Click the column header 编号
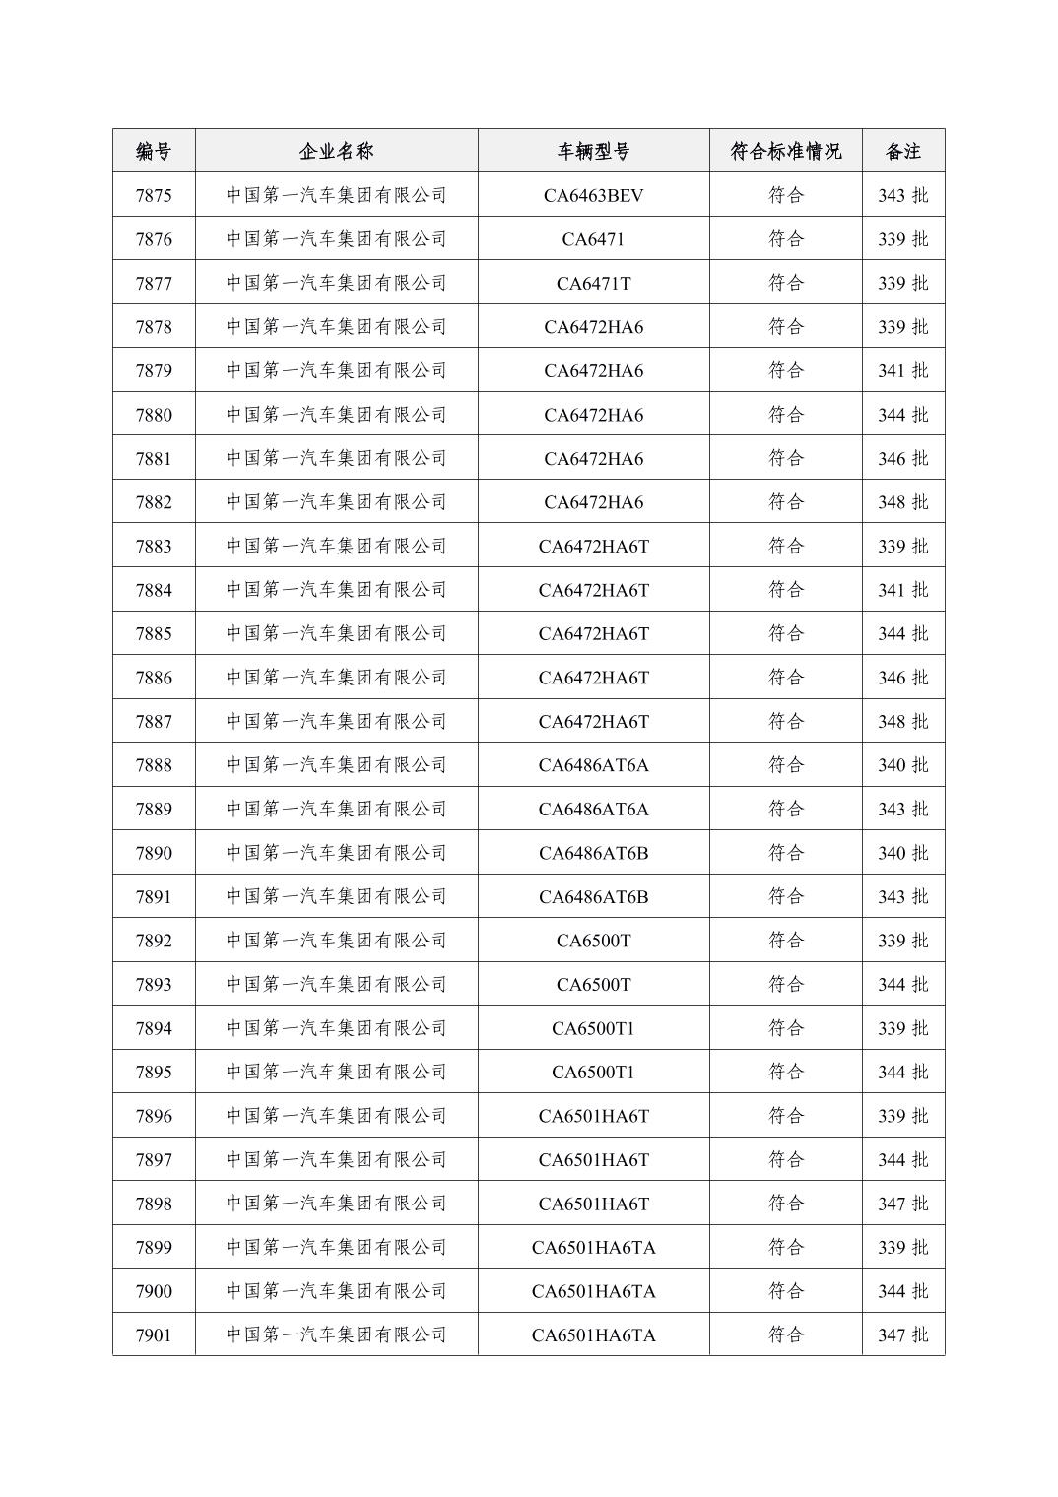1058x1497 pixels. pyautogui.click(x=154, y=151)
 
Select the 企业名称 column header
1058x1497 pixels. pyautogui.click(x=336, y=151)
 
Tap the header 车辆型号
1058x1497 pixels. pyautogui.click(x=593, y=151)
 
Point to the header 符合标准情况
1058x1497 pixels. pyautogui.click(x=785, y=151)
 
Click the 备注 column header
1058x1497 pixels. pyautogui.click(x=902, y=151)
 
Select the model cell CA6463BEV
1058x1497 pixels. pyautogui.click(x=593, y=195)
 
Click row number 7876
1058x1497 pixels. pyautogui.click(x=154, y=239)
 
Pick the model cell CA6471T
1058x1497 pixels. pyautogui.click(x=593, y=284)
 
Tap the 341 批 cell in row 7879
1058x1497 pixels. pyautogui.click(x=902, y=371)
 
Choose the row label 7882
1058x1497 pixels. pyautogui.click(x=154, y=502)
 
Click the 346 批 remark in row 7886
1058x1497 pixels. pyautogui.click(x=902, y=678)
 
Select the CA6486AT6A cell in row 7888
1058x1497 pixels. pyautogui.click(x=593, y=765)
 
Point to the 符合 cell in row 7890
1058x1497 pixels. pyautogui.click(x=785, y=853)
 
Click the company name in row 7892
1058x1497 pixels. pyautogui.click(x=336, y=941)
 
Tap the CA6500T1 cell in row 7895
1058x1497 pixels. pyautogui.click(x=593, y=1072)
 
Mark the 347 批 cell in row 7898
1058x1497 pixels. pyautogui.click(x=902, y=1204)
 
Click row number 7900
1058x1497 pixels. pyautogui.click(x=154, y=1291)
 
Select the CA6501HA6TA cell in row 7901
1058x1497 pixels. pyautogui.click(x=593, y=1334)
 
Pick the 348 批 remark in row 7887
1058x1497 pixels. pyautogui.click(x=902, y=722)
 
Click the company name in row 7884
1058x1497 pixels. pyautogui.click(x=336, y=590)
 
